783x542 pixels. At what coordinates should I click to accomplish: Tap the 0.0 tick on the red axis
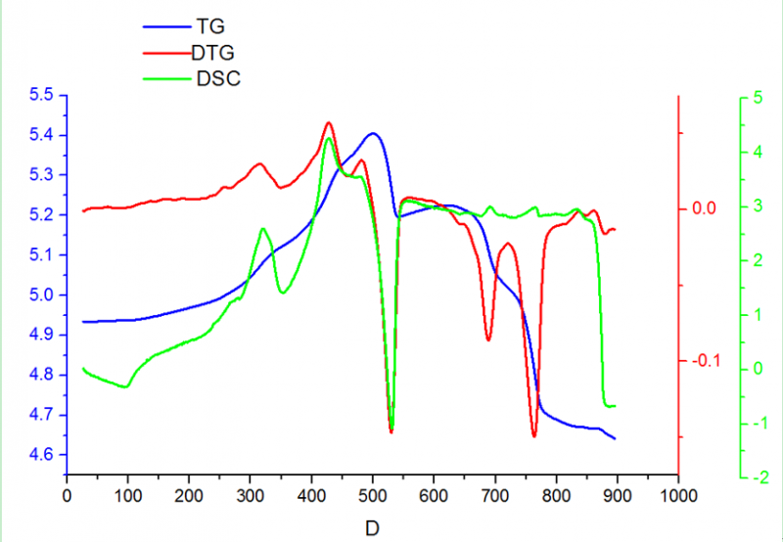coord(705,208)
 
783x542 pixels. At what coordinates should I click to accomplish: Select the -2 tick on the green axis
coord(756,477)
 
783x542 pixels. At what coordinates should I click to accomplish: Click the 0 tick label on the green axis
coord(759,369)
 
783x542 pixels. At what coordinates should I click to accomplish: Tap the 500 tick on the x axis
coord(373,495)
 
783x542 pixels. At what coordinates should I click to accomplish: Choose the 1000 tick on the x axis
coord(677,495)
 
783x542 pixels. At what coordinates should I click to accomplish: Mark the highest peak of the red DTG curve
coord(328,122)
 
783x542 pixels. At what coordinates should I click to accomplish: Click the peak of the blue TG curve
coord(373,133)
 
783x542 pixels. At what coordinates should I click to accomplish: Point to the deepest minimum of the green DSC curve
coord(391,429)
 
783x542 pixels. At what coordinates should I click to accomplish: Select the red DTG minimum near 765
coord(534,436)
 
